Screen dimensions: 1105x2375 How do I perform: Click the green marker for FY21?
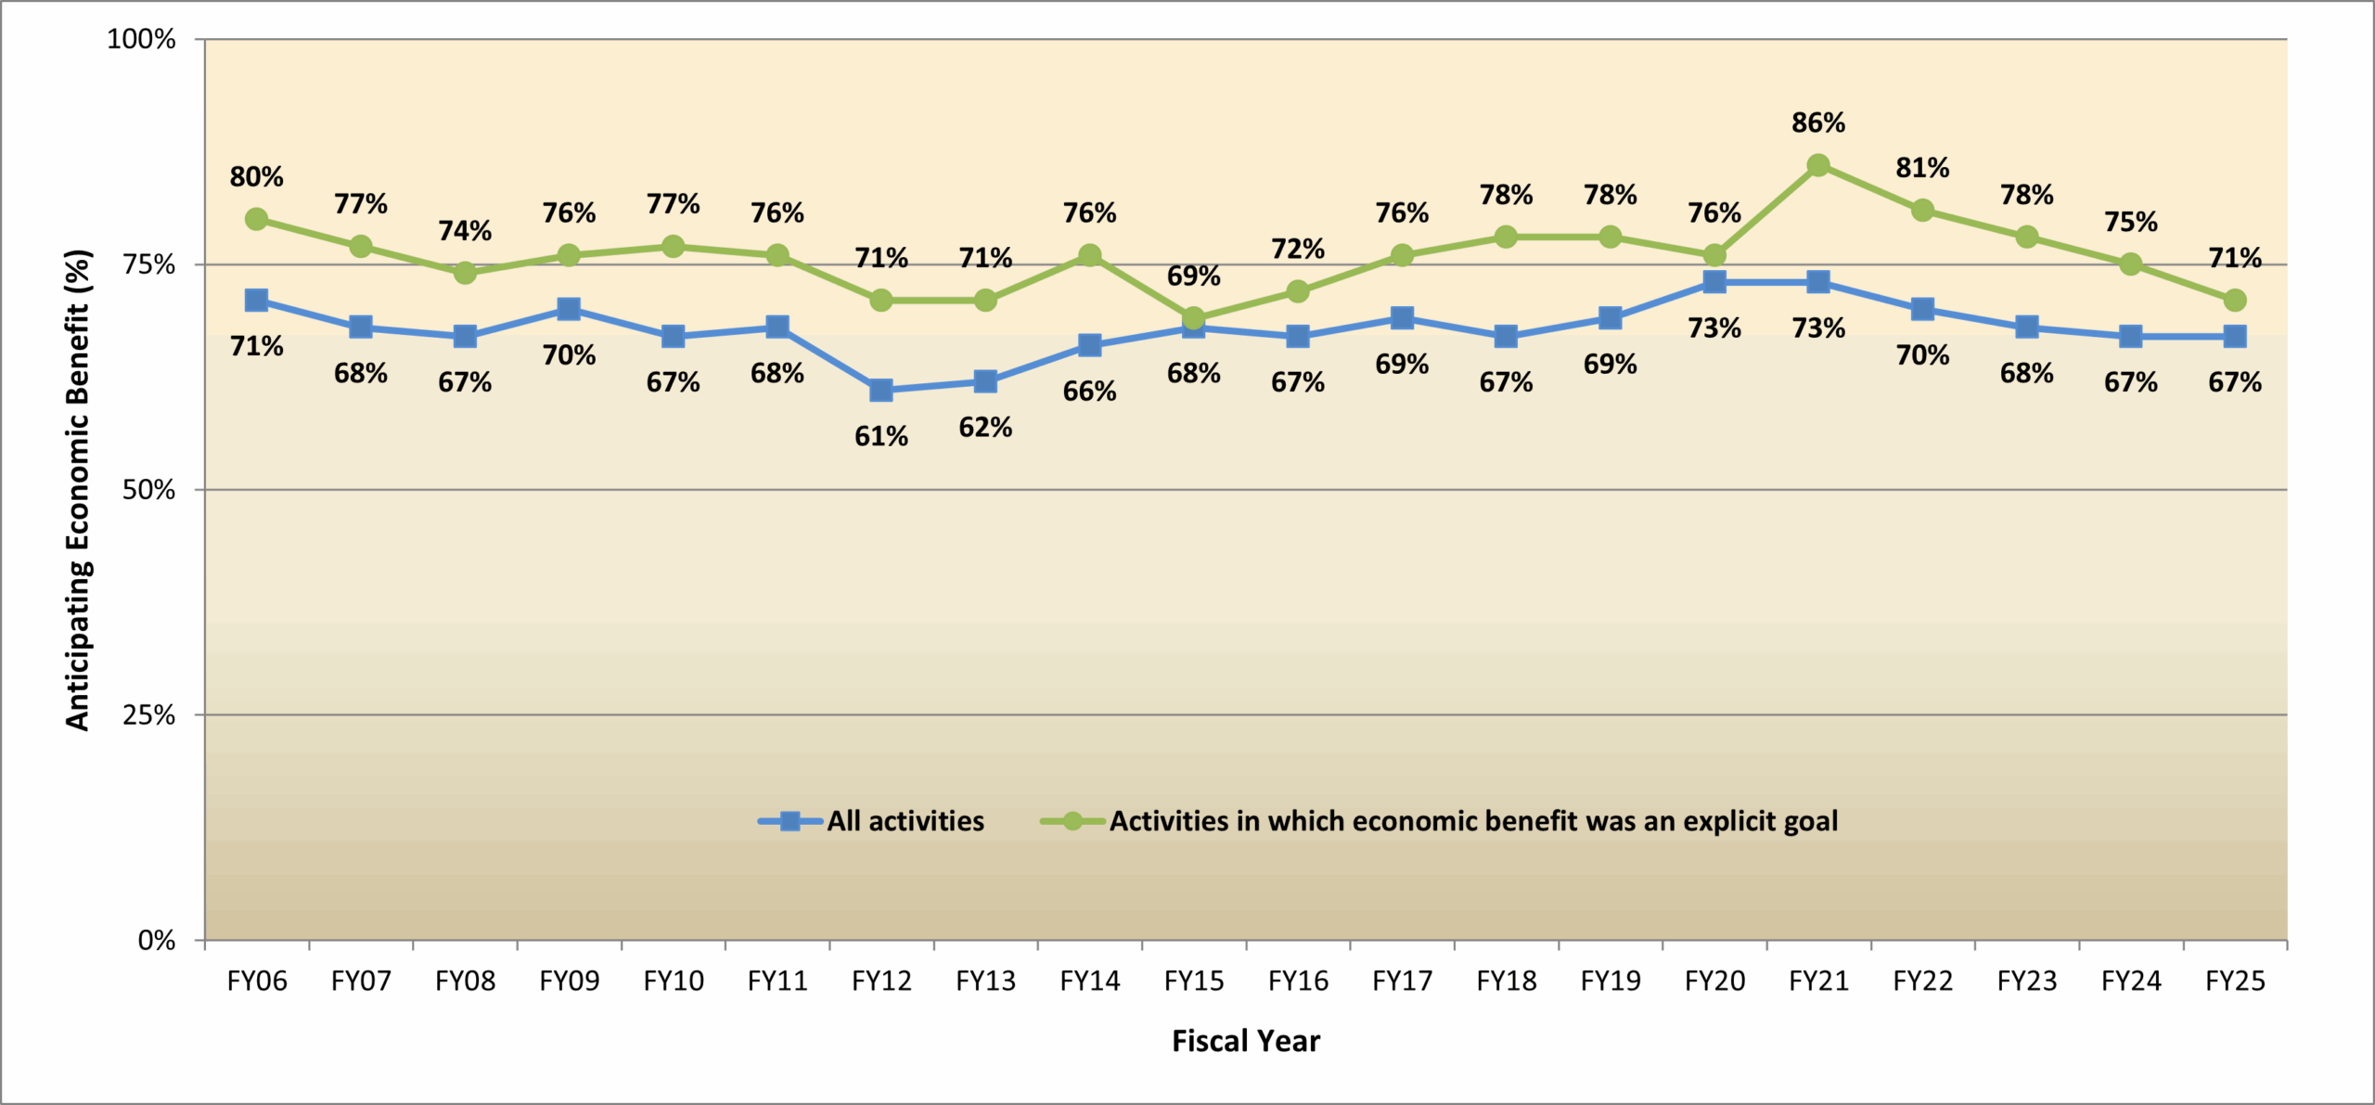tap(1818, 165)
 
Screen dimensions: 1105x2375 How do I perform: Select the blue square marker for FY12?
tap(881, 390)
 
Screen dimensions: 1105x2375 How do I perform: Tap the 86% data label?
tap(1818, 122)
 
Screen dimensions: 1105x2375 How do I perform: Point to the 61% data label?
tap(881, 436)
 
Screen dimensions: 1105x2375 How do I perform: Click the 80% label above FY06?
tap(257, 176)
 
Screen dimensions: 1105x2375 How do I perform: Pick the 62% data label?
tap(985, 427)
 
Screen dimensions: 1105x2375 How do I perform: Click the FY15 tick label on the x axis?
tap(1194, 981)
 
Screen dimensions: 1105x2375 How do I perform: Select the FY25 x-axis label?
tap(2235, 981)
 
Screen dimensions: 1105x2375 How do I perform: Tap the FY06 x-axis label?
tap(257, 981)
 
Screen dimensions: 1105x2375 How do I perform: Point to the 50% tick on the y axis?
tap(148, 490)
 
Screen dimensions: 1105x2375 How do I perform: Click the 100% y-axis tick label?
tap(141, 39)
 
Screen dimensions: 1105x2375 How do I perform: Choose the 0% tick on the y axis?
tap(156, 941)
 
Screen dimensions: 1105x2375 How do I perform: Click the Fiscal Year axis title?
tap(1246, 1041)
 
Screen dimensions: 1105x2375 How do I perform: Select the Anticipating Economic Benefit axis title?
tap(78, 490)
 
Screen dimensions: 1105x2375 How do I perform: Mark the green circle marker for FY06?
tap(257, 219)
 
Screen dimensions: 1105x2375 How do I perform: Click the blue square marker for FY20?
tap(1714, 281)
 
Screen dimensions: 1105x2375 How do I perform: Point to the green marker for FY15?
tap(1194, 318)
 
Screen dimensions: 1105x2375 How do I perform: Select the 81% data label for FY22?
tap(1922, 168)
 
